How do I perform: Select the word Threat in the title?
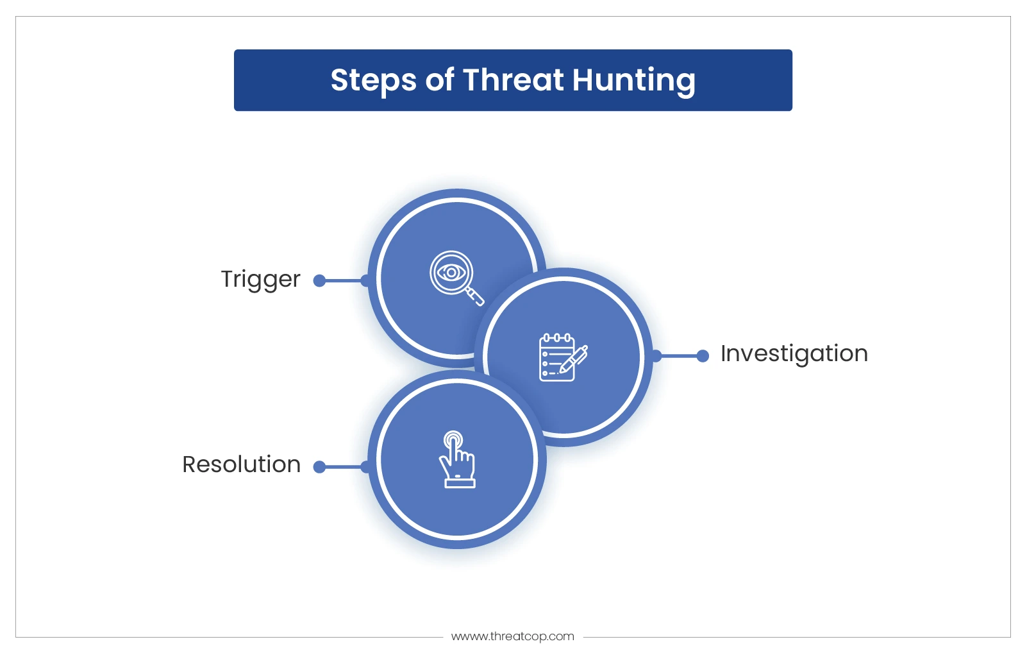pyautogui.click(x=513, y=80)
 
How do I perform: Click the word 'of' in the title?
pyautogui.click(x=439, y=80)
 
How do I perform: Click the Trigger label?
pyautogui.click(x=260, y=280)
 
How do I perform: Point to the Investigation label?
pyautogui.click(x=794, y=354)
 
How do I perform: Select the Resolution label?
pyautogui.click(x=241, y=464)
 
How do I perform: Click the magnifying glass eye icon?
pyautogui.click(x=456, y=278)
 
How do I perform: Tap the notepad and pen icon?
pyautogui.click(x=563, y=357)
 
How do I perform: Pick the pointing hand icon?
pyautogui.click(x=457, y=459)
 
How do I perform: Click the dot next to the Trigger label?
pyautogui.click(x=319, y=280)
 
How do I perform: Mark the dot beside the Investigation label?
pyautogui.click(x=703, y=355)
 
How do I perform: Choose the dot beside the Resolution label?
pyautogui.click(x=319, y=467)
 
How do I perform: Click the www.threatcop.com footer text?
pyautogui.click(x=513, y=636)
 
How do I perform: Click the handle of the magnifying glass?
pyautogui.click(x=476, y=297)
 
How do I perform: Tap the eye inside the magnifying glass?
pyautogui.click(x=451, y=273)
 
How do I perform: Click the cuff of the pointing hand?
pyautogui.click(x=460, y=483)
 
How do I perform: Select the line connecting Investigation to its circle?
pyautogui.click(x=680, y=355)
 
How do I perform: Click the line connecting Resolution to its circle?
pyautogui.click(x=342, y=467)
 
